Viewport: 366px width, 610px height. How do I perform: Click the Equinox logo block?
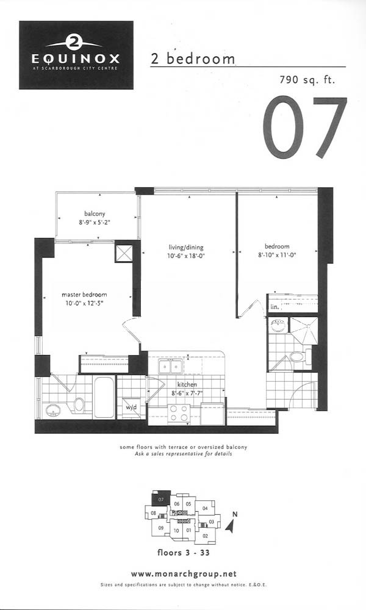(76, 56)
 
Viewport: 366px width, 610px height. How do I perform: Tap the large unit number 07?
(304, 127)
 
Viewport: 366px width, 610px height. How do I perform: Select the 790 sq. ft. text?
(307, 80)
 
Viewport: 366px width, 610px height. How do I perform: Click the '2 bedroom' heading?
(193, 59)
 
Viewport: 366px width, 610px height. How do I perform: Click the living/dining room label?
(186, 247)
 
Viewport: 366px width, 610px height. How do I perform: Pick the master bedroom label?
(84, 295)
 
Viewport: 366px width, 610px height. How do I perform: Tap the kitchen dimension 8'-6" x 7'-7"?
(187, 393)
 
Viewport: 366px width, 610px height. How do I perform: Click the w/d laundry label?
(131, 407)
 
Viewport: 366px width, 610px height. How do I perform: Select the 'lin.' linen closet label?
(274, 307)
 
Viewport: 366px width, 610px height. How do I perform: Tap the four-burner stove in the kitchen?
(179, 414)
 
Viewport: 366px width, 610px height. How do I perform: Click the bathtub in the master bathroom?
(104, 397)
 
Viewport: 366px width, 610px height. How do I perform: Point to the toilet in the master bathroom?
(78, 405)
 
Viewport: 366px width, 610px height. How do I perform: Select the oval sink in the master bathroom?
(52, 411)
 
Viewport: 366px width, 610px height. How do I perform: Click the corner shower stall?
(304, 330)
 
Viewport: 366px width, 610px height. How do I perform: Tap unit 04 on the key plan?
(205, 508)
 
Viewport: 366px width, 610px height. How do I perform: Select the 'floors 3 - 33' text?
(183, 553)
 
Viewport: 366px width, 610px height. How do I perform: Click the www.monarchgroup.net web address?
(184, 574)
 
